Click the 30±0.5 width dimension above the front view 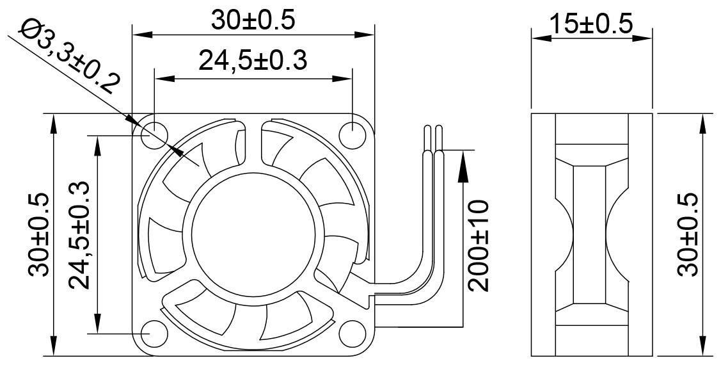[253, 20]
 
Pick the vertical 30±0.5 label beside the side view [687, 234]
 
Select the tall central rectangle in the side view [589, 234]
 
